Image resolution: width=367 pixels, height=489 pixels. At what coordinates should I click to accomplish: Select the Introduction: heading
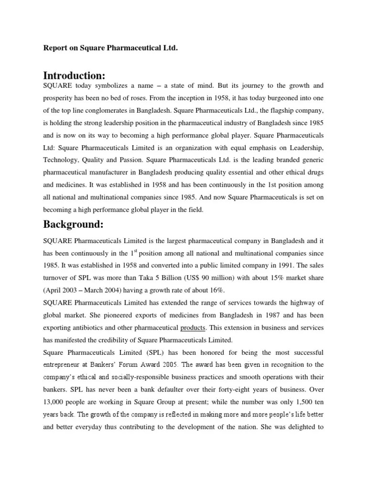pyautogui.click(x=74, y=75)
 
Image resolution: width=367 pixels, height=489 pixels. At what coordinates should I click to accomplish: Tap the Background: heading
pyautogui.click(x=72, y=224)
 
